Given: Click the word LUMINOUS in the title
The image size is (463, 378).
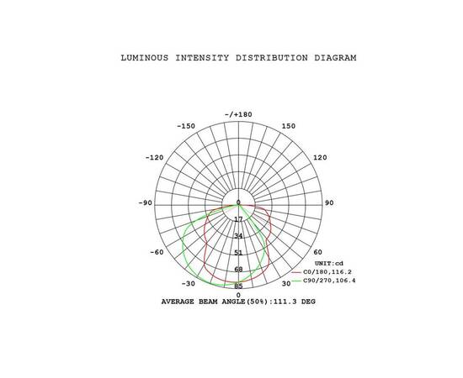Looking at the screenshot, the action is tap(145, 58).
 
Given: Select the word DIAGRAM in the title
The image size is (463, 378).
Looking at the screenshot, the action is tap(335, 58).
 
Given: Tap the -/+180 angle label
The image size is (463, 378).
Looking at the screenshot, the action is tap(238, 114).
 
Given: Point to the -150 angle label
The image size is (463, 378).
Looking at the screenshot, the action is tap(186, 126).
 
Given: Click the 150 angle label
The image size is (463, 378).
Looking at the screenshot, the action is tap(289, 126).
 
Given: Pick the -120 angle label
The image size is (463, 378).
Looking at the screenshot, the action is tap(154, 158).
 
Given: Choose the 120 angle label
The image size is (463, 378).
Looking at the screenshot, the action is tap(320, 158).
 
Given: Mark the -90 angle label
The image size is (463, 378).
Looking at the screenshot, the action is tap(146, 203).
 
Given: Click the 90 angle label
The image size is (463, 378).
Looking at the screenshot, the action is tap(329, 203).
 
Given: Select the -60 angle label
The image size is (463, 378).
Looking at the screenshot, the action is tap(157, 252).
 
